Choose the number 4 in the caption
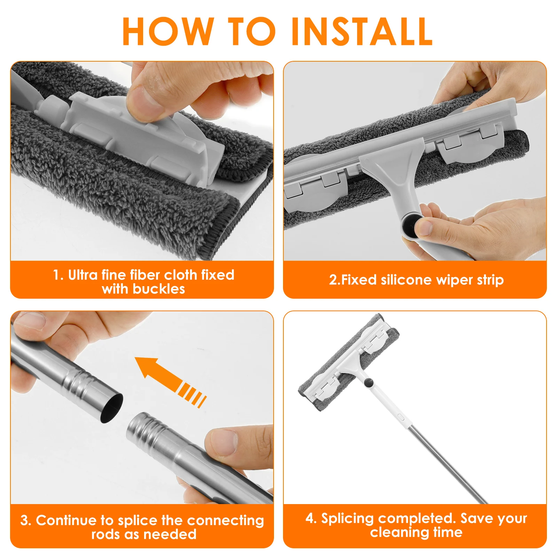[310, 518]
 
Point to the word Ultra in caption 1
[83, 275]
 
